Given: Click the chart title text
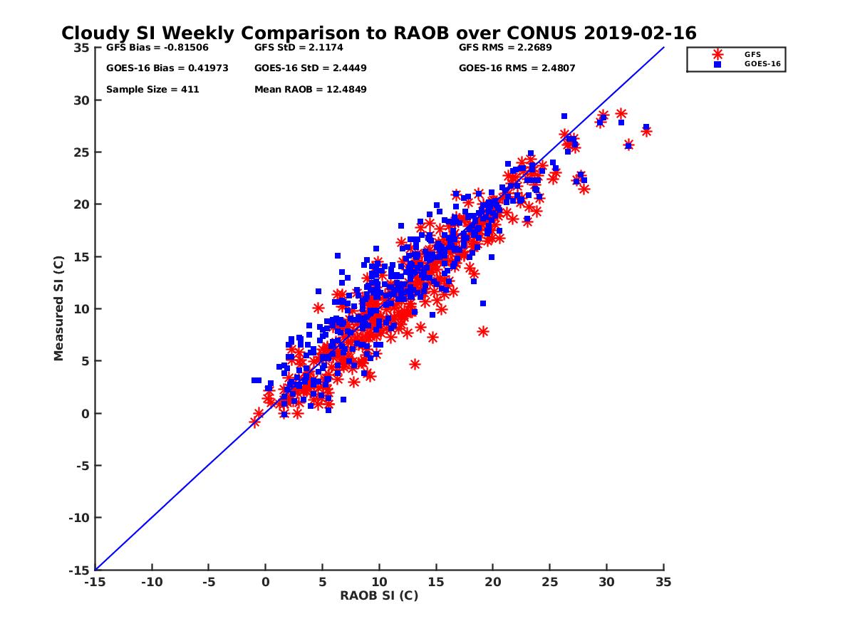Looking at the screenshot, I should pyautogui.click(x=378, y=33).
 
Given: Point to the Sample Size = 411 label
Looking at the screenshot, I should pyautogui.click(x=152, y=90).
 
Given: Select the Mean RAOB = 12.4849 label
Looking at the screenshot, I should pyautogui.click(x=311, y=90).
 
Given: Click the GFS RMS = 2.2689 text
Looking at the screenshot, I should pyautogui.click(x=505, y=48).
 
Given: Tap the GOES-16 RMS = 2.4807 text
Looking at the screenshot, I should pyautogui.click(x=517, y=68).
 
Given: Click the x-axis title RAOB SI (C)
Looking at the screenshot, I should pyautogui.click(x=378, y=595).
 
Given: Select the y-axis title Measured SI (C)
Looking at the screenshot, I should pyautogui.click(x=59, y=308).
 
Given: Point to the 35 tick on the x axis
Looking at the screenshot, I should pyautogui.click(x=663, y=582).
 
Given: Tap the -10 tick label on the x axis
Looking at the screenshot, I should pyautogui.click(x=151, y=582).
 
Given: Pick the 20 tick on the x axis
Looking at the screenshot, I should pyautogui.click(x=492, y=582).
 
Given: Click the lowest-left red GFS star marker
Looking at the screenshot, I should pyautogui.click(x=254, y=422).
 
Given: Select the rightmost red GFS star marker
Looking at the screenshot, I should pyautogui.click(x=646, y=131).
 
